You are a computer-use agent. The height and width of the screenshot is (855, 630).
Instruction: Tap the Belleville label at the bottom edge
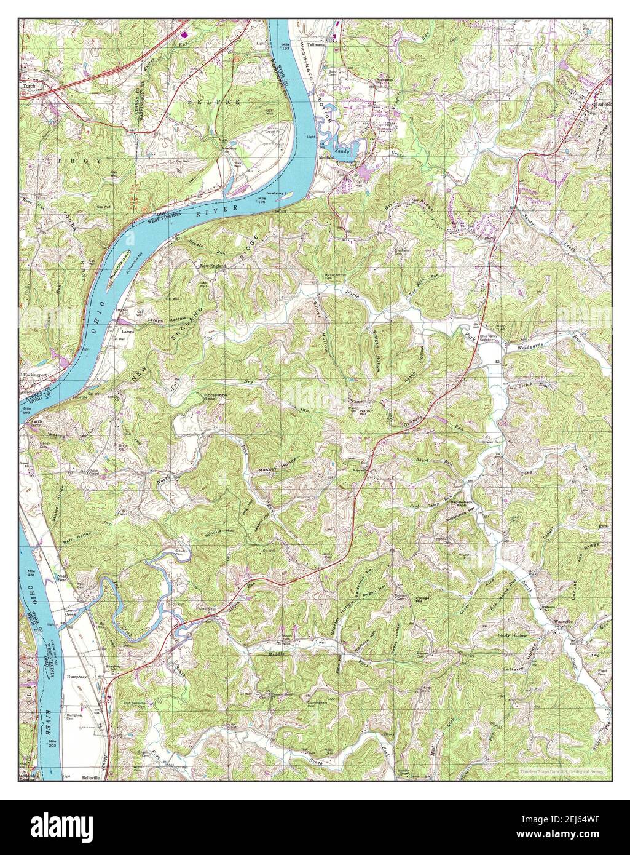tap(92, 777)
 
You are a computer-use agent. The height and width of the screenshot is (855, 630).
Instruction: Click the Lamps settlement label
tap(127, 332)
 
